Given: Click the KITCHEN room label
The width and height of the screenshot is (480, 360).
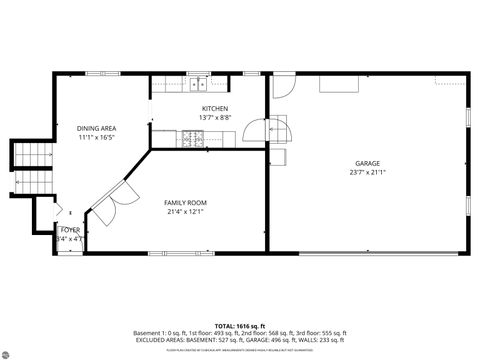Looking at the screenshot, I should click(215, 108).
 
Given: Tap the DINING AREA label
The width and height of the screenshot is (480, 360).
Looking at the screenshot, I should click(96, 128).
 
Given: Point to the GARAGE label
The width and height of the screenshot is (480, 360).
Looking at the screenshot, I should click(367, 163).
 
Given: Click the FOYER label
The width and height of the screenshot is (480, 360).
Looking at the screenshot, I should click(69, 230).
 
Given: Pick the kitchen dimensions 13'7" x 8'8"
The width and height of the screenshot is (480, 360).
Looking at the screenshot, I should click(215, 117).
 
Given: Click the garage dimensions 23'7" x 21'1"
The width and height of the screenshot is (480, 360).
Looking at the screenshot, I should click(367, 172).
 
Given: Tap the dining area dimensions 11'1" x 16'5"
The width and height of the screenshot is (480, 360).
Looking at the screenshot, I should click(96, 137).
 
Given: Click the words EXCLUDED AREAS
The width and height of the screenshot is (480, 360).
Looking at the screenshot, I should click(157, 339).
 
